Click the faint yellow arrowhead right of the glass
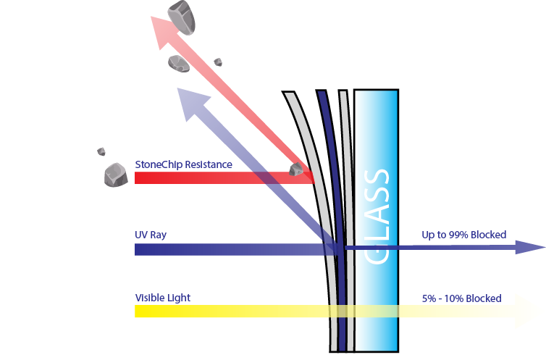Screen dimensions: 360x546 click(x=529, y=311)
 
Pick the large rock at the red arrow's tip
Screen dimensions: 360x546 click(x=182, y=17)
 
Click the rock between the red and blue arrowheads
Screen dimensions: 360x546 click(x=179, y=63)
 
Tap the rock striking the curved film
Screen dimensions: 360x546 click(x=296, y=169)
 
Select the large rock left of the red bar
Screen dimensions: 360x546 click(x=116, y=175)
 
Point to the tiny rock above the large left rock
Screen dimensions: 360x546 click(x=101, y=151)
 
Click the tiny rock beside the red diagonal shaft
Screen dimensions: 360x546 click(x=218, y=62)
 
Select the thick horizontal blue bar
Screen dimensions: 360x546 click(x=224, y=249)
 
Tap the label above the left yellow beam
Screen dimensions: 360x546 click(x=162, y=298)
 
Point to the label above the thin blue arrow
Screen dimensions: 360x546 click(x=463, y=235)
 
